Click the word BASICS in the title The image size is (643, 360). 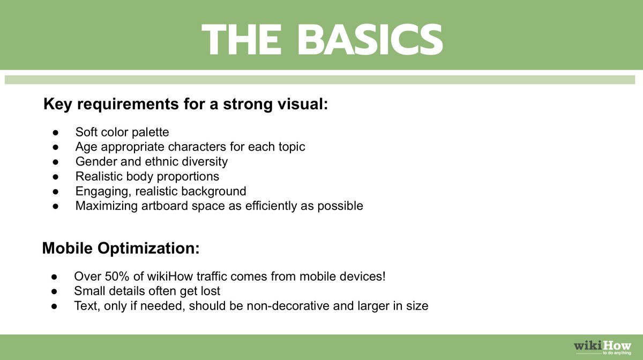pyautogui.click(x=370, y=39)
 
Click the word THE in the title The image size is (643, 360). pyautogui.click(x=241, y=39)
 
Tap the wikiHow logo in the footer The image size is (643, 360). pyautogui.click(x=602, y=348)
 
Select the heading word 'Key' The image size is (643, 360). pyautogui.click(x=57, y=104)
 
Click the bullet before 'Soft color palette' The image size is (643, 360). pyautogui.click(x=55, y=133)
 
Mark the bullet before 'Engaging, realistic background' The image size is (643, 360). pyautogui.click(x=55, y=191)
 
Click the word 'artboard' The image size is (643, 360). pyautogui.click(x=165, y=206)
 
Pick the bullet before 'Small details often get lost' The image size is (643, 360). pyautogui.click(x=54, y=291)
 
